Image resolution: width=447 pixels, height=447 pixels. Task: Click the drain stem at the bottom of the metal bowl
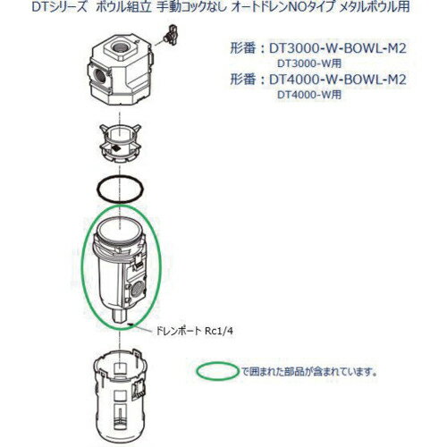(x=119, y=313)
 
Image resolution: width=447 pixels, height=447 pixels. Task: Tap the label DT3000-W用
(x=309, y=64)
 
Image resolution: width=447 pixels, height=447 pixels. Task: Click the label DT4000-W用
(x=309, y=94)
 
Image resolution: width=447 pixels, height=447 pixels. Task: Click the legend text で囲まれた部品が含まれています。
(x=308, y=369)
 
